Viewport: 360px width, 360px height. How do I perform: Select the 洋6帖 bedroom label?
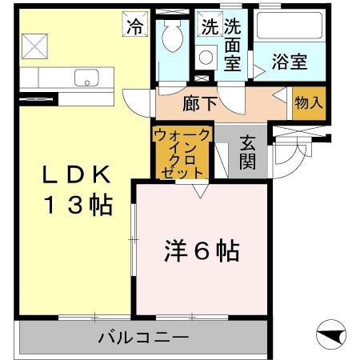point(200,251)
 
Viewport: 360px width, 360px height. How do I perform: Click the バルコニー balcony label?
point(144,338)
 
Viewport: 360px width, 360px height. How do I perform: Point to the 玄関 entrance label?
point(246,154)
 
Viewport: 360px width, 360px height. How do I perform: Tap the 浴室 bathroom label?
point(290,60)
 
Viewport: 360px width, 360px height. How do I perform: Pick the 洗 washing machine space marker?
point(209,26)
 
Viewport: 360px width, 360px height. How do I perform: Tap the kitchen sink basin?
point(86,78)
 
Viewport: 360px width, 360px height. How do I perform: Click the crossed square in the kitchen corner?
point(34,46)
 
